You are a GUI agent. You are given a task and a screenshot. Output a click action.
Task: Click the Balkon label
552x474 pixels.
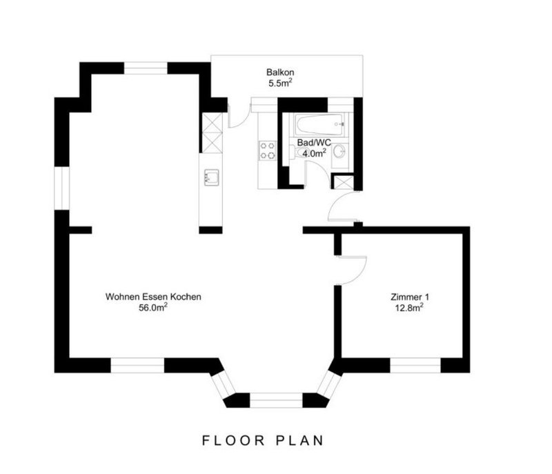tap(280, 72)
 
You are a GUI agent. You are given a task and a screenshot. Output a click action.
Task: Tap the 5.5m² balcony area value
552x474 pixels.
tap(280, 83)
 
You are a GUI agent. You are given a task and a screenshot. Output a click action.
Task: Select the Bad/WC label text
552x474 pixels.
tap(314, 143)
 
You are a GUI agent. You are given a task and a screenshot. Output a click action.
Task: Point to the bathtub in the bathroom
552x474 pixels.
tap(319, 124)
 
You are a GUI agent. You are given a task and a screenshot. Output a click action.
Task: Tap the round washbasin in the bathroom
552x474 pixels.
tap(339, 152)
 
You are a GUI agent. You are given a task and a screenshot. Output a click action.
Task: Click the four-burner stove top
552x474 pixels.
tap(267, 150)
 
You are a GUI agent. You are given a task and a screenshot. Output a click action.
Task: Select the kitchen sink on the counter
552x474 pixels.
tap(211, 177)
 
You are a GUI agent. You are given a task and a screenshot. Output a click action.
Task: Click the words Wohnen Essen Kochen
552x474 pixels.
tap(153, 297)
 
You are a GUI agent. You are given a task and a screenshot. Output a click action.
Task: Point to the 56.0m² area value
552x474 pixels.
tap(153, 308)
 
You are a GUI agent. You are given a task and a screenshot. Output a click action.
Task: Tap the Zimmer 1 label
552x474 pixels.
tap(409, 297)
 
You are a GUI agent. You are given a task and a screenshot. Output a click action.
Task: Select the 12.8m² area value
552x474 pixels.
tap(409, 308)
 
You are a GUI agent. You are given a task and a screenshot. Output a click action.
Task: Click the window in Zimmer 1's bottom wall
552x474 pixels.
tap(415, 365)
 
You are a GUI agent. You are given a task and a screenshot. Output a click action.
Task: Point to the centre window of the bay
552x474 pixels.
tap(276, 400)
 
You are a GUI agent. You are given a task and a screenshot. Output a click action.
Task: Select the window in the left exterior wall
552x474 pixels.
tap(62, 188)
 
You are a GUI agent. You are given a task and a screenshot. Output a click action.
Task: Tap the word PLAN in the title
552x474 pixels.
tap(299, 441)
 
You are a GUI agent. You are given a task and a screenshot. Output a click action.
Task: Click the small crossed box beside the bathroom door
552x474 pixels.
tap(341, 182)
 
